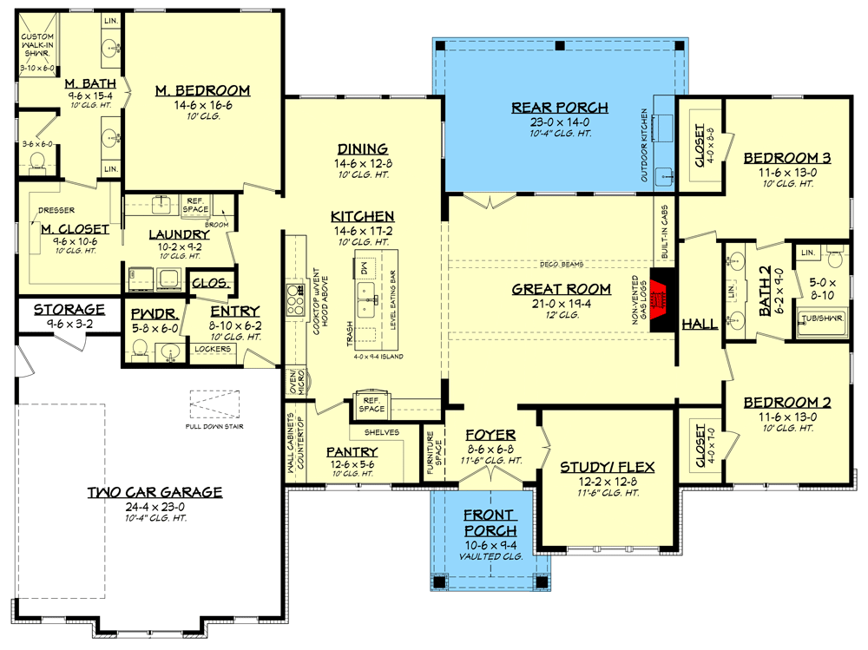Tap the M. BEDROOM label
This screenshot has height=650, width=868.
pyautogui.click(x=203, y=90)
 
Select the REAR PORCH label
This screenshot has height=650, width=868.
pyautogui.click(x=560, y=108)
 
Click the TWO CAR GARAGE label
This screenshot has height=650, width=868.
pyautogui.click(x=155, y=492)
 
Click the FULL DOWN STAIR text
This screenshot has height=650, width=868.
pyautogui.click(x=214, y=426)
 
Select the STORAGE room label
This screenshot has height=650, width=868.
pyautogui.click(x=69, y=309)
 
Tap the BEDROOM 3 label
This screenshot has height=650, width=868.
pyautogui.click(x=787, y=158)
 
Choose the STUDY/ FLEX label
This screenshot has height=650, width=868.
pyautogui.click(x=607, y=467)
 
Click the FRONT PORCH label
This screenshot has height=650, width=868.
pyautogui.click(x=490, y=522)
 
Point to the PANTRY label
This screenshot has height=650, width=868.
pyautogui.click(x=352, y=451)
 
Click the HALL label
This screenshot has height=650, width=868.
pyautogui.click(x=700, y=324)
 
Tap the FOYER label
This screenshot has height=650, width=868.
pyautogui.click(x=490, y=435)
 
